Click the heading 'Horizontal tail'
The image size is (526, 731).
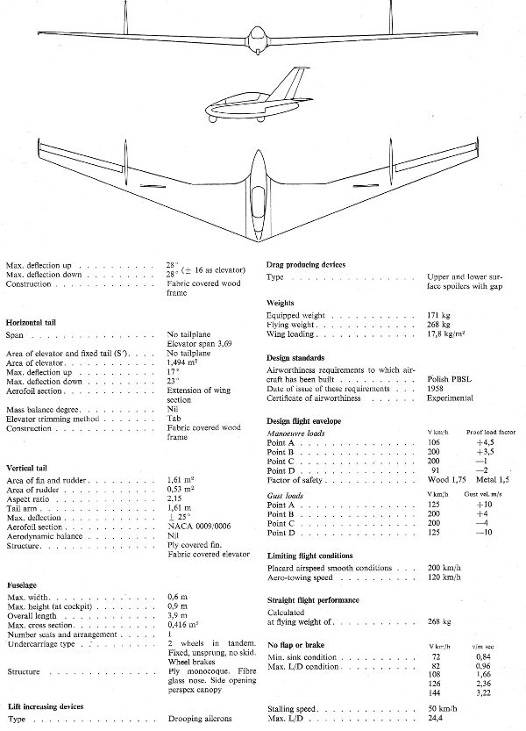[36, 322]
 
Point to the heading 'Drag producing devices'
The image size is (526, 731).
[306, 263]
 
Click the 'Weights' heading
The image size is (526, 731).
[281, 303]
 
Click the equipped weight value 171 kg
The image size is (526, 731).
[438, 314]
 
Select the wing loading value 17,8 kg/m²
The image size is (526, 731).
[449, 334]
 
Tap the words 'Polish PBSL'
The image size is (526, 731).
[451, 378]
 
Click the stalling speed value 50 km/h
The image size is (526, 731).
[441, 707]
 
